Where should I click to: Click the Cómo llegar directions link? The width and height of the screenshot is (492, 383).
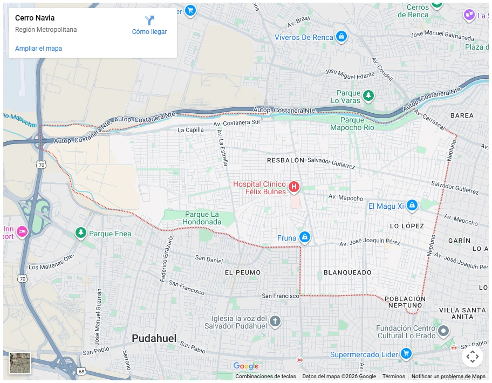149,25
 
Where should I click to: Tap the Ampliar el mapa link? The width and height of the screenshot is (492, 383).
38,49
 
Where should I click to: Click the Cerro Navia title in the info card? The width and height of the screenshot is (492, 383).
35,18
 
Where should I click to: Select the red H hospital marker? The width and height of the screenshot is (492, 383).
294,187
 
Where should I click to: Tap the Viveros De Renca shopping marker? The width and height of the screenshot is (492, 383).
341,37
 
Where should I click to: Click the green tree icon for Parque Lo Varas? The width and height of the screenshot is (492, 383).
368,95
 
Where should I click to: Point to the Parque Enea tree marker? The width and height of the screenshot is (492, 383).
81,232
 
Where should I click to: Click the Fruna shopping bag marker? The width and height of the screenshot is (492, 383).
305,237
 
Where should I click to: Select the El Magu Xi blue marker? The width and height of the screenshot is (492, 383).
412,205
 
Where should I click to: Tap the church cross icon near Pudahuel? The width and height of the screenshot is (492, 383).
275,322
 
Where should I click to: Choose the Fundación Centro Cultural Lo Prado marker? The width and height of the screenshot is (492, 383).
443,330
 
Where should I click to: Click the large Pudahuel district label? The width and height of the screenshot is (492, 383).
154,338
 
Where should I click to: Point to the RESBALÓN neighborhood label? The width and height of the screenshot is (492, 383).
285,161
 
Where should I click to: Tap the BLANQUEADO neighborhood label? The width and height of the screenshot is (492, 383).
347,273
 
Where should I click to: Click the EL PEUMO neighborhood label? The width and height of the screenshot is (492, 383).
242,272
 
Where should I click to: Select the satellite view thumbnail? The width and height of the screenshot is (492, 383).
20,363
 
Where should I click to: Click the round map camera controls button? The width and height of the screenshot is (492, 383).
472,356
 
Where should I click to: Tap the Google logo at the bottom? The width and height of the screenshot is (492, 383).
246,366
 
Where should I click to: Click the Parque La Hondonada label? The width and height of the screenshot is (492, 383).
201,218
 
